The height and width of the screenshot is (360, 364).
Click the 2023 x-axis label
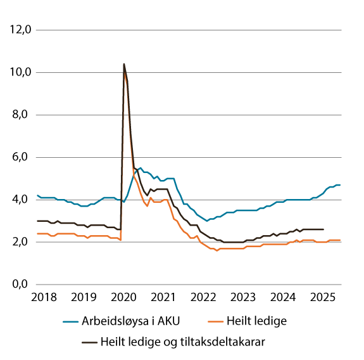click(x=243, y=297)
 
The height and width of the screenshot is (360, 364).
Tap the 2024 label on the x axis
click(x=284, y=297)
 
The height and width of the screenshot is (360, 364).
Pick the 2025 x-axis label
click(x=323, y=297)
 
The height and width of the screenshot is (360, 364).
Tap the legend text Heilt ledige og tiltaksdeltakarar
click(x=182, y=341)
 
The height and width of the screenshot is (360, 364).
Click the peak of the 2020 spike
click(x=123, y=64)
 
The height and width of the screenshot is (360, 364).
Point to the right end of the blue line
click(x=341, y=185)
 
